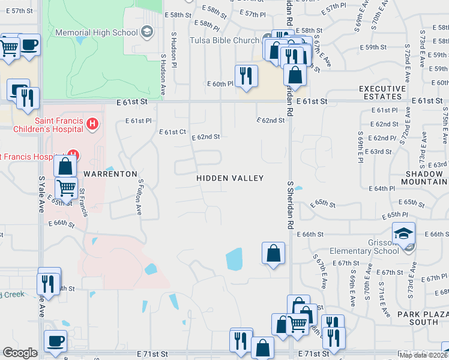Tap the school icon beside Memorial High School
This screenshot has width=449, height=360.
145,32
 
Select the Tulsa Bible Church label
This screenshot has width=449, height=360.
224,40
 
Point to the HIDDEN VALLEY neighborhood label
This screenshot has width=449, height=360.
231,178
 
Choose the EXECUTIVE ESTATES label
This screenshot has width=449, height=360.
381,92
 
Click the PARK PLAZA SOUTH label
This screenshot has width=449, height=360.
419,318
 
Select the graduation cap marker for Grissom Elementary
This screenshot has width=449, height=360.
404,232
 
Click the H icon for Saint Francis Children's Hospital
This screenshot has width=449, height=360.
92,124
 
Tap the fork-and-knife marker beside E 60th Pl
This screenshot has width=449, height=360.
246,75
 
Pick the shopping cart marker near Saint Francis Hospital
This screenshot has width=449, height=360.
67,188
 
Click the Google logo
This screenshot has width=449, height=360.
20,353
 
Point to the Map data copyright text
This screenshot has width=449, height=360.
424,355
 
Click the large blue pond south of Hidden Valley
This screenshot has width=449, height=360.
234,259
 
